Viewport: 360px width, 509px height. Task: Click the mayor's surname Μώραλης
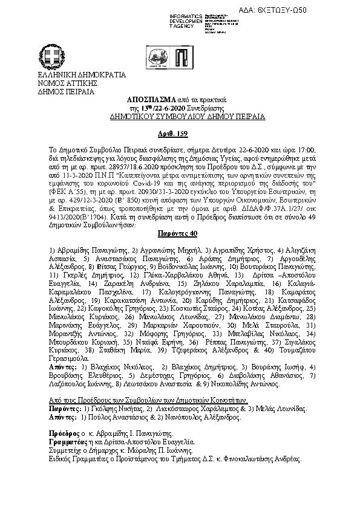click(169, 450)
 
